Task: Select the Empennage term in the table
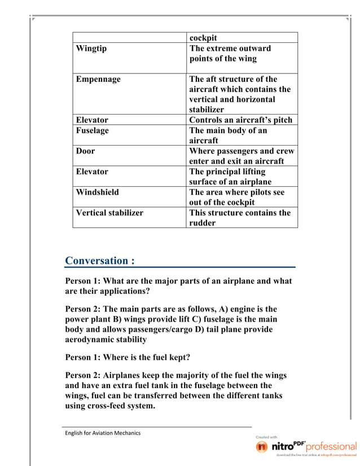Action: click(98, 80)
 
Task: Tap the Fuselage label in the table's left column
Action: click(93, 130)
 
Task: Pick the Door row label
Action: click(86, 151)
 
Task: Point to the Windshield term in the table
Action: click(98, 192)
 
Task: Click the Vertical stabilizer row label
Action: click(109, 213)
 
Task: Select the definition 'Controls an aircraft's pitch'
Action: click(240, 120)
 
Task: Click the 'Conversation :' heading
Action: click(100, 261)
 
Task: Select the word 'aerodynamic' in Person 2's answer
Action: click(91, 340)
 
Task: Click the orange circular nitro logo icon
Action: click(262, 447)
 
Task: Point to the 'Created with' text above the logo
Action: click(266, 437)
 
